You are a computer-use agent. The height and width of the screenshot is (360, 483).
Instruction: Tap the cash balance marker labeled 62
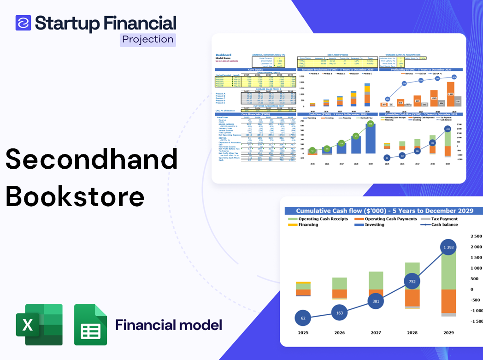pos(303,318)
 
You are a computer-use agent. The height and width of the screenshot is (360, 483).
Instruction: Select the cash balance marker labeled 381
pos(376,301)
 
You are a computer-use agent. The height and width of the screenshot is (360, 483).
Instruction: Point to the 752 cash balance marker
pos(412,282)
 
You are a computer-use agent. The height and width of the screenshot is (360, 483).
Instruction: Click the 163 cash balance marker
pos(339,313)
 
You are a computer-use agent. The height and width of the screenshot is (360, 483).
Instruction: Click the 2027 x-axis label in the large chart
pos(376,332)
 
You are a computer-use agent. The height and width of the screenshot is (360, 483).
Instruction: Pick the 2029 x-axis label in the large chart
pos(448,332)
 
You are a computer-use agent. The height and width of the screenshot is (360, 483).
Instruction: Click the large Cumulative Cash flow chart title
pos(384,211)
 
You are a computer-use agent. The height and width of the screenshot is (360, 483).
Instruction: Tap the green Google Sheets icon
pos(91,325)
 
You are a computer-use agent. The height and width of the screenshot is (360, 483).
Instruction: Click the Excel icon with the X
pos(39,325)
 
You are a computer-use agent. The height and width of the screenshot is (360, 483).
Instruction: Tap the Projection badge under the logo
pos(148,39)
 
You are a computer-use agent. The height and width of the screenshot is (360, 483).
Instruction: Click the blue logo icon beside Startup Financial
pos(23,23)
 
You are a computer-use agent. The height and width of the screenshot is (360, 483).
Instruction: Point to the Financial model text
pos(169,325)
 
